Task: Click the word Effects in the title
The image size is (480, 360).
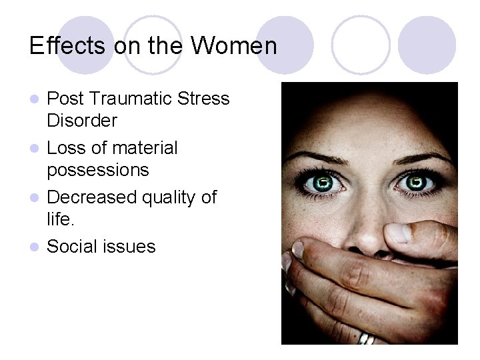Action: [x=59, y=46]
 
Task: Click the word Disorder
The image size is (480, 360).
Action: [x=82, y=121]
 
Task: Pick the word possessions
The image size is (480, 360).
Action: [x=97, y=170]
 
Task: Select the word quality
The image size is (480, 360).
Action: [x=175, y=198]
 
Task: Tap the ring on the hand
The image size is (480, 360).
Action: [x=367, y=339]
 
